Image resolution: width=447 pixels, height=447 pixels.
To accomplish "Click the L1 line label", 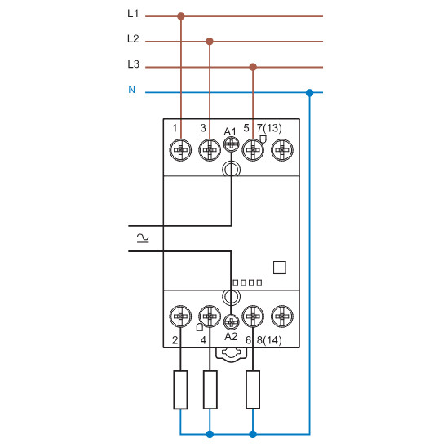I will pyautogui.click(x=134, y=14).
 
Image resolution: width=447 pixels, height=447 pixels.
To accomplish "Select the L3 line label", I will pyautogui.click(x=134, y=64).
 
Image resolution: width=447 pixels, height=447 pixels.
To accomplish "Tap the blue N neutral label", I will pyautogui.click(x=132, y=89).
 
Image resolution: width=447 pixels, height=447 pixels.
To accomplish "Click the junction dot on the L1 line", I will pyautogui.click(x=181, y=15).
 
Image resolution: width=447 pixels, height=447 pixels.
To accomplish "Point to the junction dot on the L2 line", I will pyautogui.click(x=210, y=40).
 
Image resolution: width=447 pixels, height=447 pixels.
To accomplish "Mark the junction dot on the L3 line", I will pyautogui.click(x=253, y=67).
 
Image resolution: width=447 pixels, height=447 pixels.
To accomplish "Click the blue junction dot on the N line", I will pyautogui.click(x=309, y=92).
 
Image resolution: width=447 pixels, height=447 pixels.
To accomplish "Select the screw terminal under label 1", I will pyautogui.click(x=181, y=149).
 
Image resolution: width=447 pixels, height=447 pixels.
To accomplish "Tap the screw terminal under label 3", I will pyautogui.click(x=210, y=149).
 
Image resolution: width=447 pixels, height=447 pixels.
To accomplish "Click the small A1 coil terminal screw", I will pyautogui.click(x=231, y=144).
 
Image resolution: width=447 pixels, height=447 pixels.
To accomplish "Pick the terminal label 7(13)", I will pyautogui.click(x=269, y=128).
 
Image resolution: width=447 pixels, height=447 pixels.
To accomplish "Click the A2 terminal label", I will pyautogui.click(x=231, y=336).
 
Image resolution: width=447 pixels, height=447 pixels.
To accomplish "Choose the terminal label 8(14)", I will pyautogui.click(x=270, y=339).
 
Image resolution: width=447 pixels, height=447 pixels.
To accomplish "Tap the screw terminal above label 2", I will pyautogui.click(x=181, y=315).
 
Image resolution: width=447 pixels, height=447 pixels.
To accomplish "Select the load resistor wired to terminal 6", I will pyautogui.click(x=253, y=389).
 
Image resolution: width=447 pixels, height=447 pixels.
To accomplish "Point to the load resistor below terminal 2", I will pyautogui.click(x=181, y=389).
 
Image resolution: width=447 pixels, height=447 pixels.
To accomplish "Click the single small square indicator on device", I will pyautogui.click(x=279, y=267).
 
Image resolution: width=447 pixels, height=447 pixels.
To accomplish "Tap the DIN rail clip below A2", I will pyautogui.click(x=232, y=352).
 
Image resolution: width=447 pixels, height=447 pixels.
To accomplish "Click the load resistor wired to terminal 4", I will pyautogui.click(x=210, y=389).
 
